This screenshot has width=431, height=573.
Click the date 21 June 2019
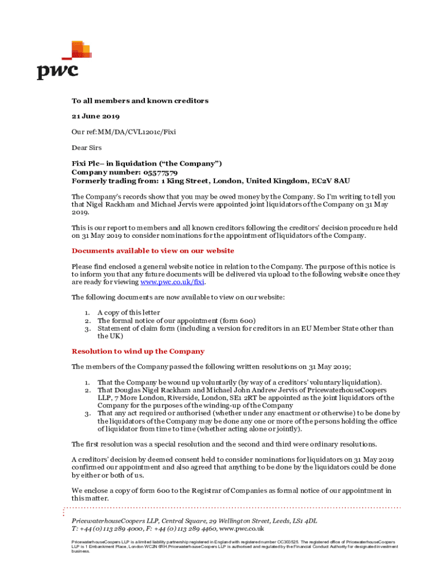95,116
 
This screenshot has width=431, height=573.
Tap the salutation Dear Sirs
86,148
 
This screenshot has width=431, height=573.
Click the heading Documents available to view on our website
153,251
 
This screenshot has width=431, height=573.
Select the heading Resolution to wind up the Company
138,351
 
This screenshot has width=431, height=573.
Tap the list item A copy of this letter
129,312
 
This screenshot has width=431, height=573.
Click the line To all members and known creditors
140,101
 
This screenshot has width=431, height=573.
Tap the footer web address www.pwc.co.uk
241,528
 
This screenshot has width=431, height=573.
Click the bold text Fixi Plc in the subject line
87,163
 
